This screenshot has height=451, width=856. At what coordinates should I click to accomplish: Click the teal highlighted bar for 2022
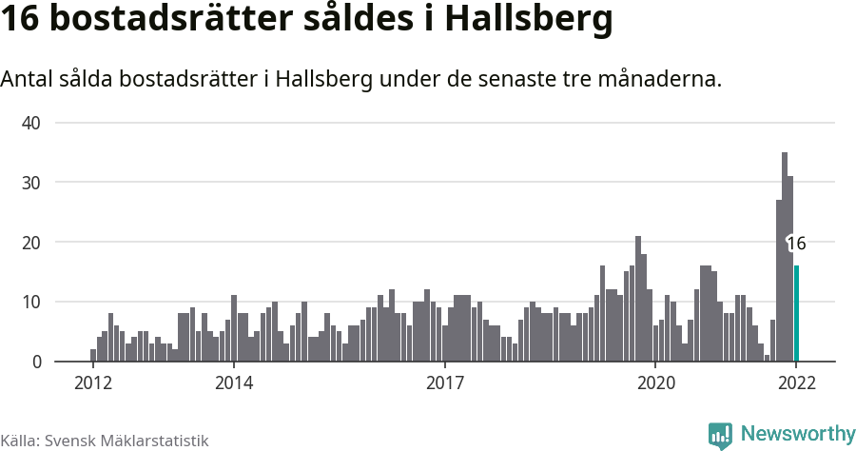click(796, 314)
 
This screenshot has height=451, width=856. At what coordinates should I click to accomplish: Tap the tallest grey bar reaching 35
click(785, 257)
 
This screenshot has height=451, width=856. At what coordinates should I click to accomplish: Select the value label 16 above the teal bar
click(796, 244)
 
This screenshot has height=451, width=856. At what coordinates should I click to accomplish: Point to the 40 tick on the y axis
click(31, 123)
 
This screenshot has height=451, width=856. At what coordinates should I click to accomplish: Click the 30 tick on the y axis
click(31, 183)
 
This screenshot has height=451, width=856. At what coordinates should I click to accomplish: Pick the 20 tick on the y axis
click(31, 243)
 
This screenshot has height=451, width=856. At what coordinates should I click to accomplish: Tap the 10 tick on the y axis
click(31, 303)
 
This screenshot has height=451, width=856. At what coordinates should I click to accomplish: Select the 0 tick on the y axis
click(36, 363)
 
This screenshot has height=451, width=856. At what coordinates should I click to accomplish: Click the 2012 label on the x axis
click(93, 383)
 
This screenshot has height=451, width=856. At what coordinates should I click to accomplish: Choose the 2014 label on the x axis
click(234, 383)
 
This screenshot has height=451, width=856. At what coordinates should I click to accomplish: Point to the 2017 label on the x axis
click(444, 383)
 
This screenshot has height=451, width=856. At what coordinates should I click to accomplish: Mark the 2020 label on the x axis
click(655, 383)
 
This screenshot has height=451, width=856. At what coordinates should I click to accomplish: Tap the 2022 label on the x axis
click(796, 383)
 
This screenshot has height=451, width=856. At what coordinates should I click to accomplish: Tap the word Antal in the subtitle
click(29, 79)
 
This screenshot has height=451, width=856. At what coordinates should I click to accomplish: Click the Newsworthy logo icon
click(720, 435)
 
